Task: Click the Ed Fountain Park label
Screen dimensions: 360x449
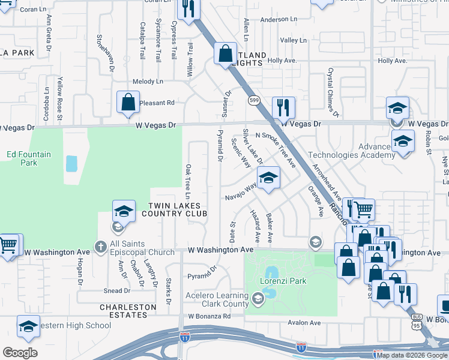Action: [29, 158]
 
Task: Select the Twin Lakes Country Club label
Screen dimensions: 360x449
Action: [170, 209]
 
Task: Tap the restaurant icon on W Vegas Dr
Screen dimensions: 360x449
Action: [283, 109]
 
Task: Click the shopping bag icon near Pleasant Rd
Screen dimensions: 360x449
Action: [128, 103]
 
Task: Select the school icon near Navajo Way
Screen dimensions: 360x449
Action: [268, 178]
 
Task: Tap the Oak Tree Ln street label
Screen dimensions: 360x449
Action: [188, 182]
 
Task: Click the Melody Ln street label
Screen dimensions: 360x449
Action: [148, 81]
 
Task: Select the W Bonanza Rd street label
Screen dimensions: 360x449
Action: [209, 316]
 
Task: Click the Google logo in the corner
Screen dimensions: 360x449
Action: [20, 353]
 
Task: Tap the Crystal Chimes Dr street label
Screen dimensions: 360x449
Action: [332, 92]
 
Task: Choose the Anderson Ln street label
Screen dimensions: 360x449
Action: [279, 19]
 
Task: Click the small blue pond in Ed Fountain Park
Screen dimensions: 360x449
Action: [71, 163]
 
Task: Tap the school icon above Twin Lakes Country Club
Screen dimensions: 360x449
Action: [123, 211]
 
